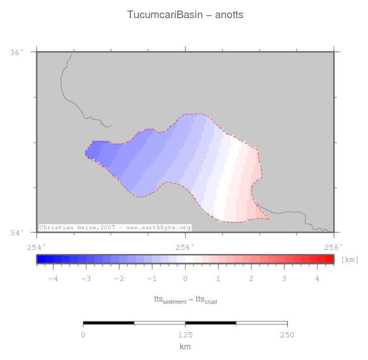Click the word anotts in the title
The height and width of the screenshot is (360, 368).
click(229, 15)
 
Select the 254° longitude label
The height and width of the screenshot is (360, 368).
click(36, 247)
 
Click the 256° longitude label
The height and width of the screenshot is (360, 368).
click(185, 247)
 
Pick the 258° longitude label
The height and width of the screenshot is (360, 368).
click(333, 247)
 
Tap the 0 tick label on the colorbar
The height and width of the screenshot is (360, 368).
click(185, 279)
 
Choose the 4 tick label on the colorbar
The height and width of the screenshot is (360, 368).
click(317, 279)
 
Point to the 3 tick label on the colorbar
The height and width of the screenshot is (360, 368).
click(284, 279)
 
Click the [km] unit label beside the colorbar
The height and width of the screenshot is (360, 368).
click(349, 259)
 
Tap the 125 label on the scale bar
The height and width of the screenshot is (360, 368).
click(185, 334)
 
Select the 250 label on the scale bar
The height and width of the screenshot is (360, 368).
click(287, 334)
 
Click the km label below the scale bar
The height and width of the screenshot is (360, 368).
click(185, 346)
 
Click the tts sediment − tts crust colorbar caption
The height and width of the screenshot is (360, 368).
click(185, 300)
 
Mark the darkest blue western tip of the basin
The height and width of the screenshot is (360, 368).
click(93, 151)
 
